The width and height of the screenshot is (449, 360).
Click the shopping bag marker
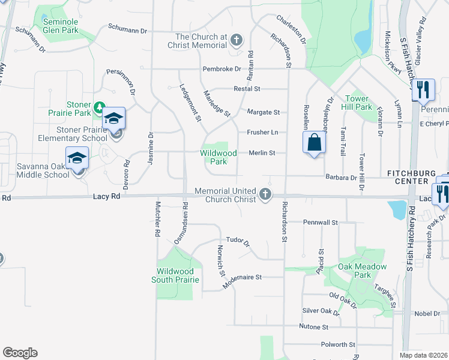[x=314, y=143]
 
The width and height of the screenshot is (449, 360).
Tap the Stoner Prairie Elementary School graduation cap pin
[x=114, y=118]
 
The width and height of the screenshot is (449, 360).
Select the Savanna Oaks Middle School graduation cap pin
[x=77, y=158]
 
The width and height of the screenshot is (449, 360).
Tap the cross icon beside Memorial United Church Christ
[x=265, y=194]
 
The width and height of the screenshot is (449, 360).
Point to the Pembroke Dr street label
[x=221, y=69]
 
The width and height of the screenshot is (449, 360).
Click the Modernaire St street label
[x=243, y=277]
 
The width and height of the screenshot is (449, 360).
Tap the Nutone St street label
[x=314, y=327]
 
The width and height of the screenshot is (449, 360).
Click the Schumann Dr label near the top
[x=127, y=28]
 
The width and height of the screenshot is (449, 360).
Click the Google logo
[x=20, y=353]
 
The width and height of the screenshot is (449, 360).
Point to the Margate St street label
[x=264, y=112]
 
